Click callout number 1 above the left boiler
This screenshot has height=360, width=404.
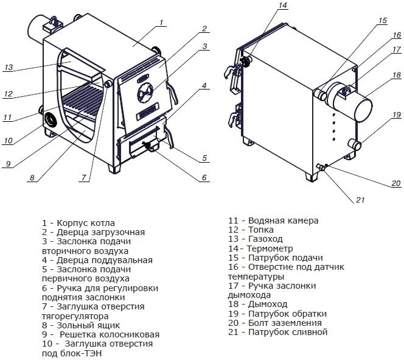(161, 23)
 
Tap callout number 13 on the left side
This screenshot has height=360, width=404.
(8, 68)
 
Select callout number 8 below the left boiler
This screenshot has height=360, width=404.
(30, 178)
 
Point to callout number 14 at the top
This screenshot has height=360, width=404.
(283, 7)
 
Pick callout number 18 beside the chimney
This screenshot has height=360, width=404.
(396, 76)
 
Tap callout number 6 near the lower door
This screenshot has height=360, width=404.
(203, 178)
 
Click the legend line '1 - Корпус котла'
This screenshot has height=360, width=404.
(78, 223)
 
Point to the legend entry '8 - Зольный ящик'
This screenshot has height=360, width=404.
(80, 325)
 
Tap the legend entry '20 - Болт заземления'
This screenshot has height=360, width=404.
(274, 323)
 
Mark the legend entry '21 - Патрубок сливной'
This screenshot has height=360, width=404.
(278, 332)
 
